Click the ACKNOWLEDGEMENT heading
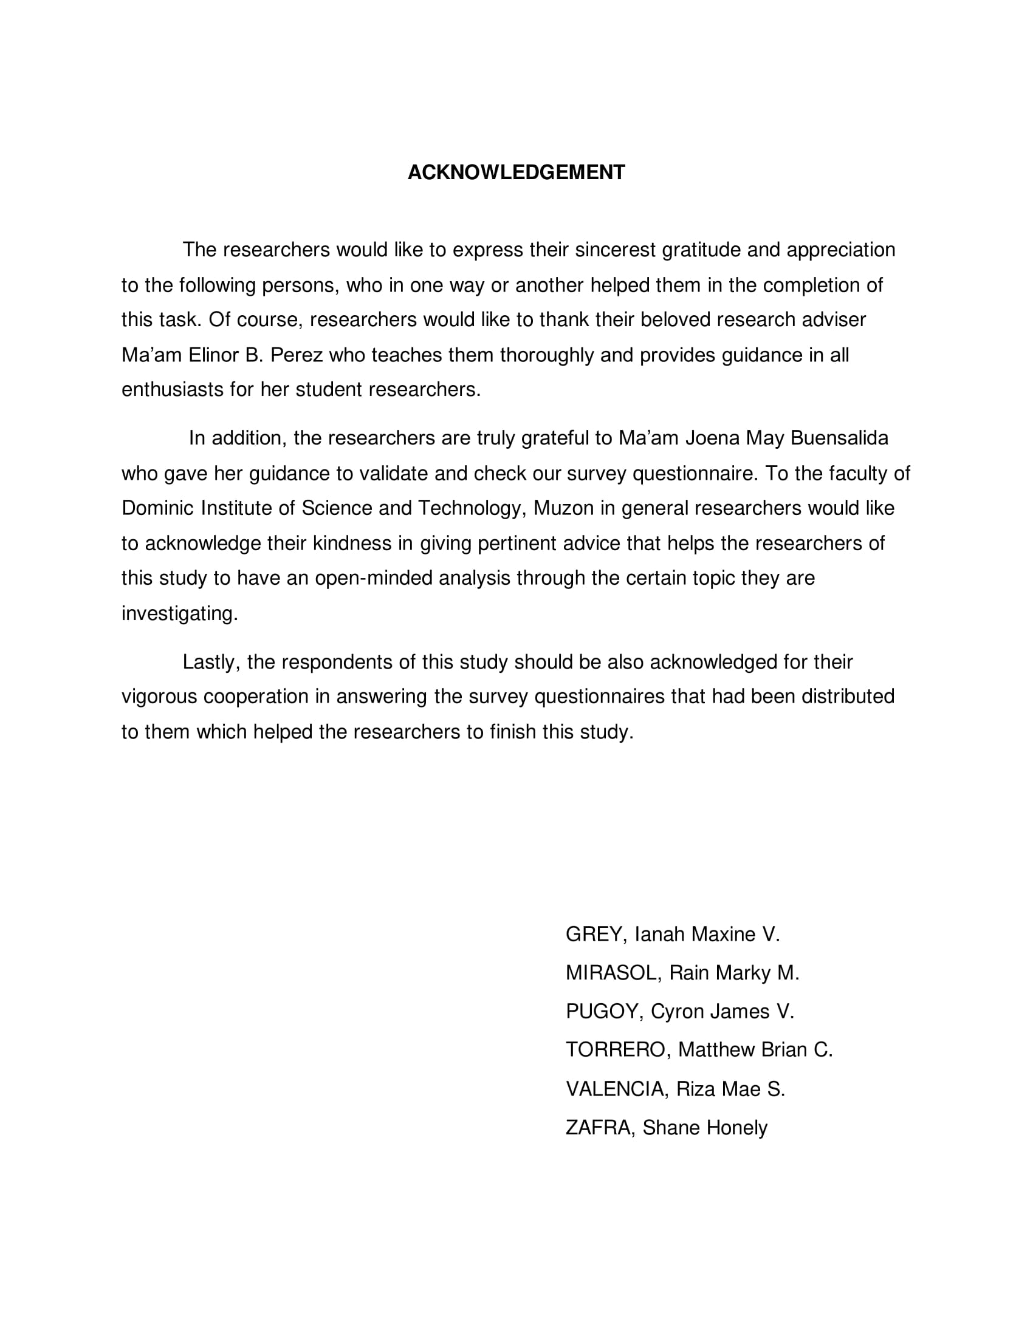(516, 172)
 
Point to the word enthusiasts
(173, 390)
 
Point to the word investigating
(179, 613)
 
